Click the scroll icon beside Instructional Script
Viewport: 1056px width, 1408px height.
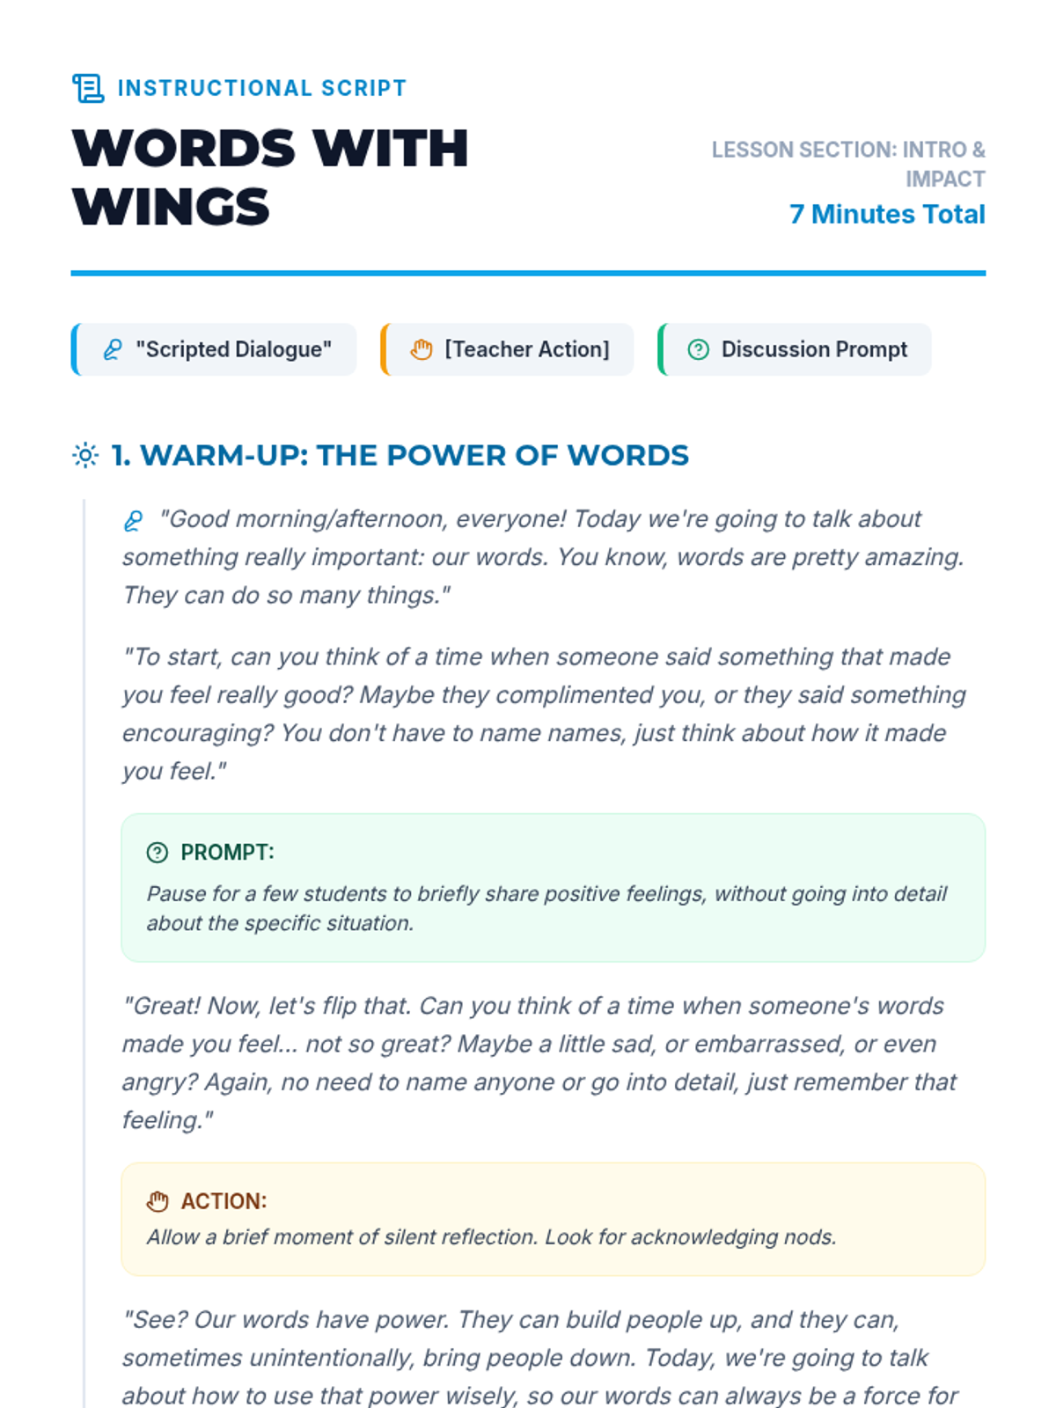(87, 88)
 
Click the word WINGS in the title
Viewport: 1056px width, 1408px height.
(171, 208)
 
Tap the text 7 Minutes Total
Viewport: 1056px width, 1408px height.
(887, 214)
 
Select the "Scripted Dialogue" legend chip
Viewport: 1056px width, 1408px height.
(215, 349)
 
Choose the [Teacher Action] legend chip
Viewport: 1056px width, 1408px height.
(509, 349)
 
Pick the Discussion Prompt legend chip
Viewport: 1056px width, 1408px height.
(796, 349)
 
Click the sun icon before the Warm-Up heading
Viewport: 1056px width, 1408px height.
(85, 455)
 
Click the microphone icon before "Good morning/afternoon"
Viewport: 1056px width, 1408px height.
(133, 521)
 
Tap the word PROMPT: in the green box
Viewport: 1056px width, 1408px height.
(227, 852)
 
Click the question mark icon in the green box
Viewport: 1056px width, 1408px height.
(158, 852)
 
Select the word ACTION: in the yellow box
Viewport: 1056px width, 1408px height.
(224, 1201)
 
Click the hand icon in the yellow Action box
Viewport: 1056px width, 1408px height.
(158, 1201)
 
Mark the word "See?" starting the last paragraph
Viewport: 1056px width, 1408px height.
(154, 1320)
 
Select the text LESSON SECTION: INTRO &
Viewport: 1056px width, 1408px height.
(847, 150)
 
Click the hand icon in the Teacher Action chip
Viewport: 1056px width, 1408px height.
(422, 349)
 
